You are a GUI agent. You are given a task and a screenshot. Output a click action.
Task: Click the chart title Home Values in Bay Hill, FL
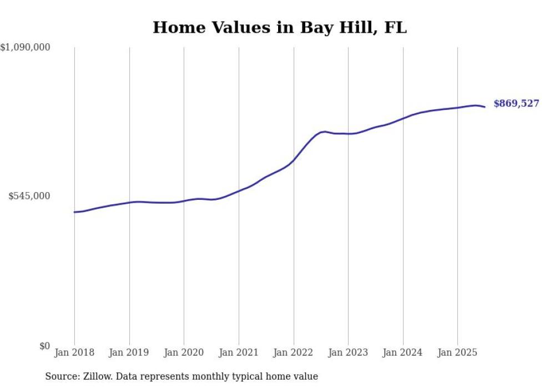pyautogui.click(x=279, y=27)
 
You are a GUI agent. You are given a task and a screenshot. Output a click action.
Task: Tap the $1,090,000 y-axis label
pyautogui.click(x=26, y=48)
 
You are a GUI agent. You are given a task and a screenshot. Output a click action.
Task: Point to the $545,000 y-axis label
pyautogui.click(x=29, y=196)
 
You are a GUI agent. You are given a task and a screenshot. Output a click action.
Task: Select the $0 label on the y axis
pyautogui.click(x=44, y=346)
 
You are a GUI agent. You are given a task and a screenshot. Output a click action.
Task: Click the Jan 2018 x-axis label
pyautogui.click(x=74, y=352)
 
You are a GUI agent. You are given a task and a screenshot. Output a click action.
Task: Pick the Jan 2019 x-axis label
pyautogui.click(x=129, y=352)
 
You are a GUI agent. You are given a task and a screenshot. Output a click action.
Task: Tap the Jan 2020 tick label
pyautogui.click(x=184, y=352)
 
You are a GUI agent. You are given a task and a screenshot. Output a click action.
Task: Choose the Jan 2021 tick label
pyautogui.click(x=239, y=352)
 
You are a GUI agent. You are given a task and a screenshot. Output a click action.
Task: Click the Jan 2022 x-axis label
pyautogui.click(x=294, y=352)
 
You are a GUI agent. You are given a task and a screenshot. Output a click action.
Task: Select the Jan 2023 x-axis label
pyautogui.click(x=348, y=352)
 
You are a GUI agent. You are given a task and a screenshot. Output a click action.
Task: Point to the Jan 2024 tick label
pyautogui.click(x=403, y=352)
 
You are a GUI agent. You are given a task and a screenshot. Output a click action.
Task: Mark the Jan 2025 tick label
pyautogui.click(x=457, y=352)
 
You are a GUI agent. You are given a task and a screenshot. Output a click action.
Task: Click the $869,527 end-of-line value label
pyautogui.click(x=516, y=103)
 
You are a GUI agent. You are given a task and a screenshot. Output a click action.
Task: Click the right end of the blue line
pyautogui.click(x=485, y=107)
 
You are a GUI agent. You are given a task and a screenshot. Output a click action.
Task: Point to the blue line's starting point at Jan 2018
pyautogui.click(x=74, y=212)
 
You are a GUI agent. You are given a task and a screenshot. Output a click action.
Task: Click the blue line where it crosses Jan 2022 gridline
pyautogui.click(x=294, y=159)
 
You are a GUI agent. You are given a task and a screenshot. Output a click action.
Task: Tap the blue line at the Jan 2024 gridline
pyautogui.click(x=403, y=118)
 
